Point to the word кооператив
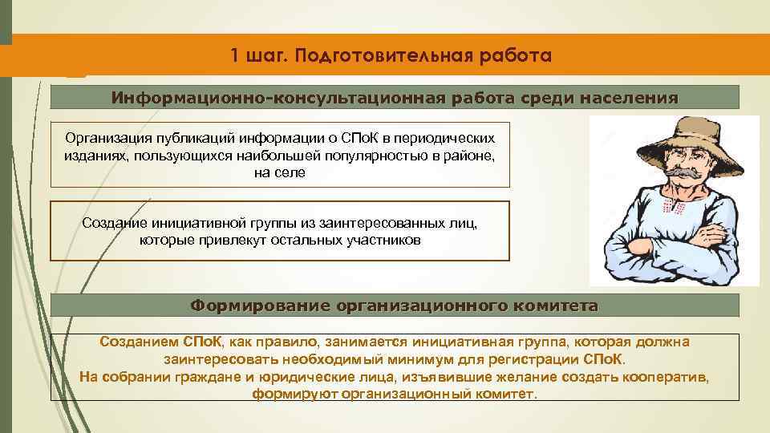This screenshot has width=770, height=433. [x=671, y=378]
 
